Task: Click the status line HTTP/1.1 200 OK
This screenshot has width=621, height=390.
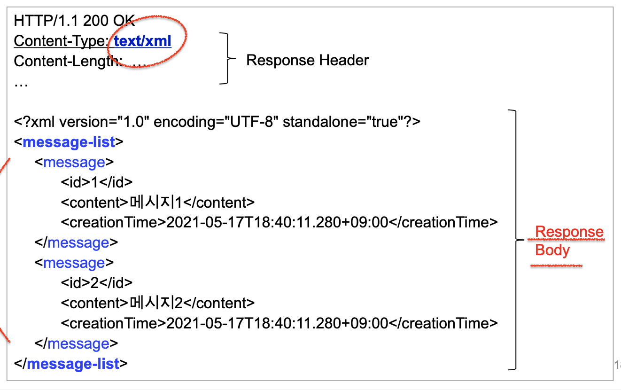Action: pos(74,21)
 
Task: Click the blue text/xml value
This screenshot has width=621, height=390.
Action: pos(143,41)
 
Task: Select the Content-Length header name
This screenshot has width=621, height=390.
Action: pos(66,61)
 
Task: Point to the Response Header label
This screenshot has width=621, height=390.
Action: pos(308,60)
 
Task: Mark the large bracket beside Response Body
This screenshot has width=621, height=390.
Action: pos(515,240)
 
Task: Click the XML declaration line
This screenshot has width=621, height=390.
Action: pos(217,122)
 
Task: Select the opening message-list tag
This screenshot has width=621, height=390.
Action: pos(69,142)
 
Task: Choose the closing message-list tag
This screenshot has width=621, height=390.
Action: pos(71,364)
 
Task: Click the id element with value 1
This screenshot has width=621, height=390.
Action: pos(97,182)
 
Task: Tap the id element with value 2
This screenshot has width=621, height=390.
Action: pos(97,283)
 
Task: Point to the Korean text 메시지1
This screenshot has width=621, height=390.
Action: pos(155,203)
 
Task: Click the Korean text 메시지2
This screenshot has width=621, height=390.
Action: pos(155,303)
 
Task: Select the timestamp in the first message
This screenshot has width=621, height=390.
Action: pos(278,222)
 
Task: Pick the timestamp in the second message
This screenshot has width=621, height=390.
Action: pos(278,323)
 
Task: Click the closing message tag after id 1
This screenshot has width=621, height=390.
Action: pos(76,243)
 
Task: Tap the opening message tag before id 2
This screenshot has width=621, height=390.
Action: pos(74,263)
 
